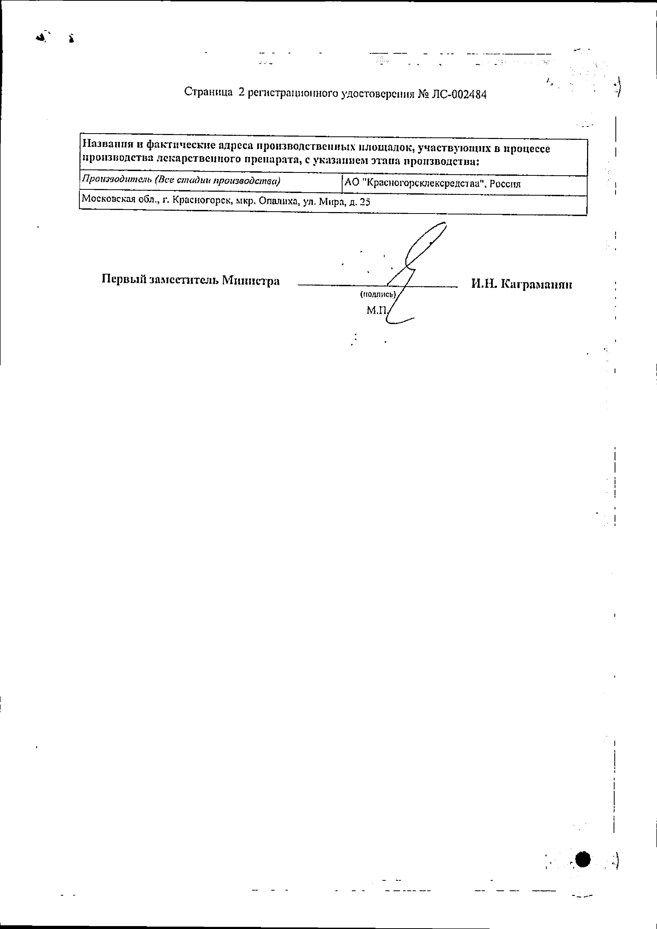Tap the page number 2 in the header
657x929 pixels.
click(242, 93)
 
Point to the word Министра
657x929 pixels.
click(251, 280)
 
